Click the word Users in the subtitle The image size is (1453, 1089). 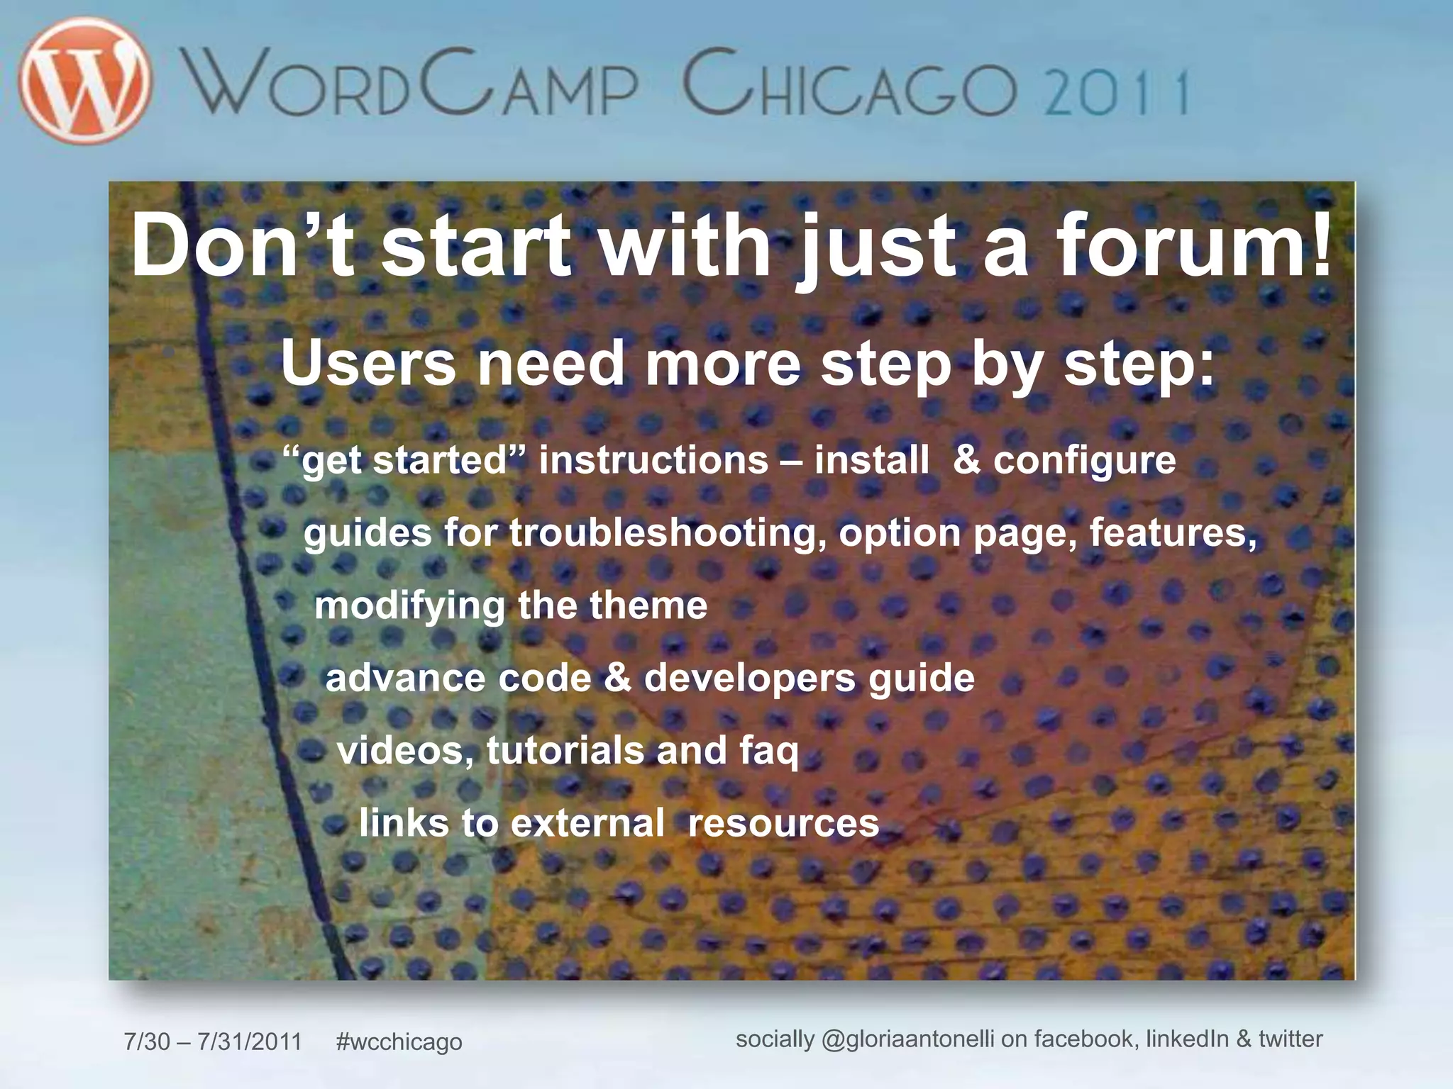coord(368,363)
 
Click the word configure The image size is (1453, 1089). coord(1084,461)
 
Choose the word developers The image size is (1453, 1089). coord(750,678)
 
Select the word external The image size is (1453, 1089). coord(587,823)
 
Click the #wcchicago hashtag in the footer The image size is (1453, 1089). coord(399,1041)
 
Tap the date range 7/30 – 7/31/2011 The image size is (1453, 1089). coord(213,1041)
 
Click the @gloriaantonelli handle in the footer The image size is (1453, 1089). coord(907,1039)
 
